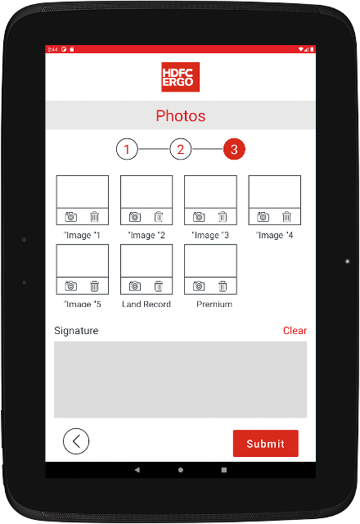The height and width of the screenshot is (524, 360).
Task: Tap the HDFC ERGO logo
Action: tap(180, 77)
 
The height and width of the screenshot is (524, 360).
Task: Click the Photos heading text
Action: tap(181, 116)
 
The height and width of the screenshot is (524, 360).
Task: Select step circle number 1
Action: tap(127, 149)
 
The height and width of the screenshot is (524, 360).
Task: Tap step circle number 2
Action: tap(180, 149)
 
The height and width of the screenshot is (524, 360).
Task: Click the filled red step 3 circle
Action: tap(234, 149)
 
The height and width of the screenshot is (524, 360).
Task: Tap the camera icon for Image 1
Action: tap(71, 217)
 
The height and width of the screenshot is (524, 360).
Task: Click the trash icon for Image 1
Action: tap(95, 217)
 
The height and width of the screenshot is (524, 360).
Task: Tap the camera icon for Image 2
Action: tap(135, 217)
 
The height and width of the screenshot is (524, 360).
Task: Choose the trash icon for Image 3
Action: tap(223, 217)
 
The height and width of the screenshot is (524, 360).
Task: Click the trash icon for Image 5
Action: tap(95, 286)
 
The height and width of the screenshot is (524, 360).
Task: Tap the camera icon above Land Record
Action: tap(135, 286)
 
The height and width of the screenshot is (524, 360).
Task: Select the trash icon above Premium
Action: tap(223, 286)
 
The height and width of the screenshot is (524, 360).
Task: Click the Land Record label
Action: tap(146, 304)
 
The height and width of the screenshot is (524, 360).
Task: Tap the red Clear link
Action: tap(295, 331)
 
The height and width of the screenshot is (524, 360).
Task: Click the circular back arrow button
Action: tap(76, 441)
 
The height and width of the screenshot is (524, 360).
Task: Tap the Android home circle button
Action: tap(181, 470)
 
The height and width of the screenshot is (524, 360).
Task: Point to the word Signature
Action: tap(76, 331)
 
